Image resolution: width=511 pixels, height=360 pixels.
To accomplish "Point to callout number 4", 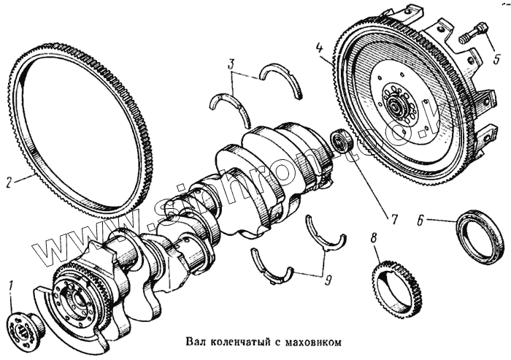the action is [x=320, y=50].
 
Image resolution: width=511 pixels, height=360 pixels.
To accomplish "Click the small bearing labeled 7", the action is [x=342, y=140].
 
